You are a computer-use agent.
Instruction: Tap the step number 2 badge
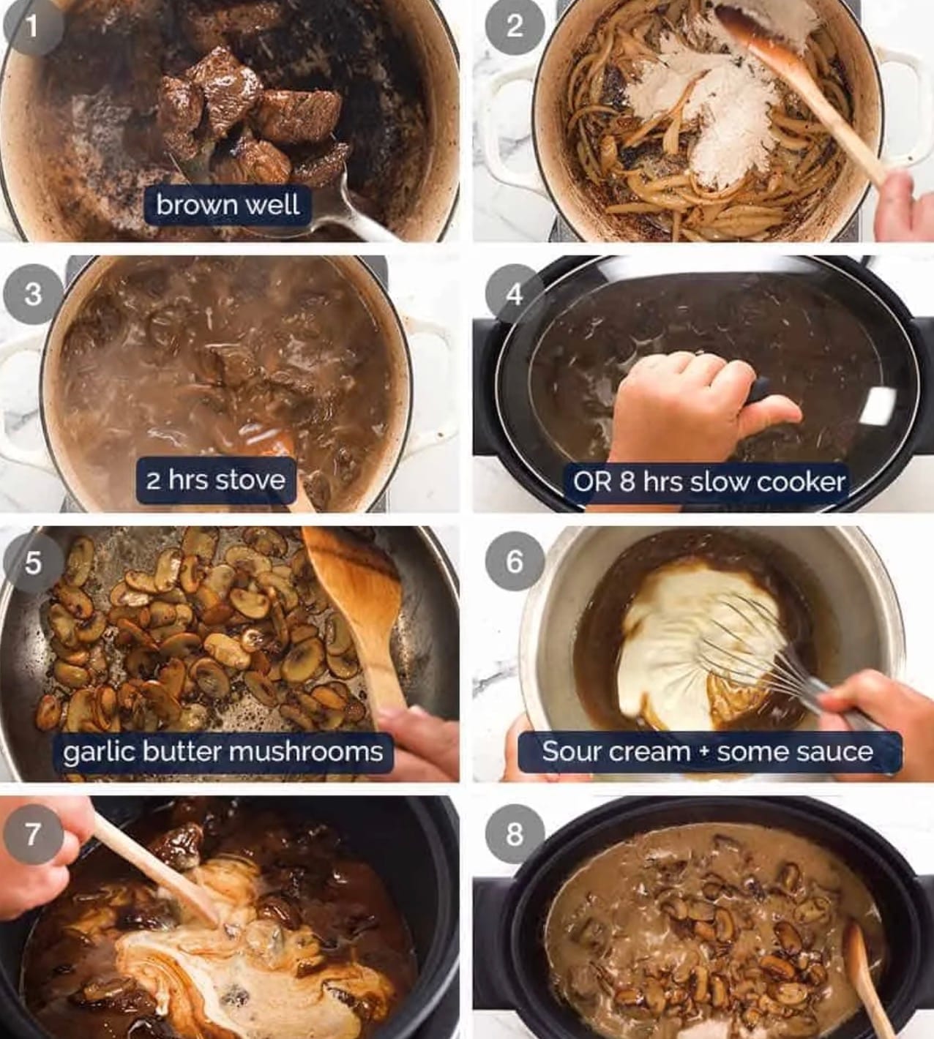click(x=515, y=26)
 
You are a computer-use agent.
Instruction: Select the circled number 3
click(x=34, y=294)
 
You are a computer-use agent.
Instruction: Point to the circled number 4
click(x=515, y=294)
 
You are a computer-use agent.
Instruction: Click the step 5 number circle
click(x=34, y=562)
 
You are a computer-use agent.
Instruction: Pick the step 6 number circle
click(x=515, y=562)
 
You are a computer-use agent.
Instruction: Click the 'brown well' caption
click(x=228, y=205)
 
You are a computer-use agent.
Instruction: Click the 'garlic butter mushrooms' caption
click(x=223, y=752)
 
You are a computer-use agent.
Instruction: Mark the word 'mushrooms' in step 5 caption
click(x=305, y=752)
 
